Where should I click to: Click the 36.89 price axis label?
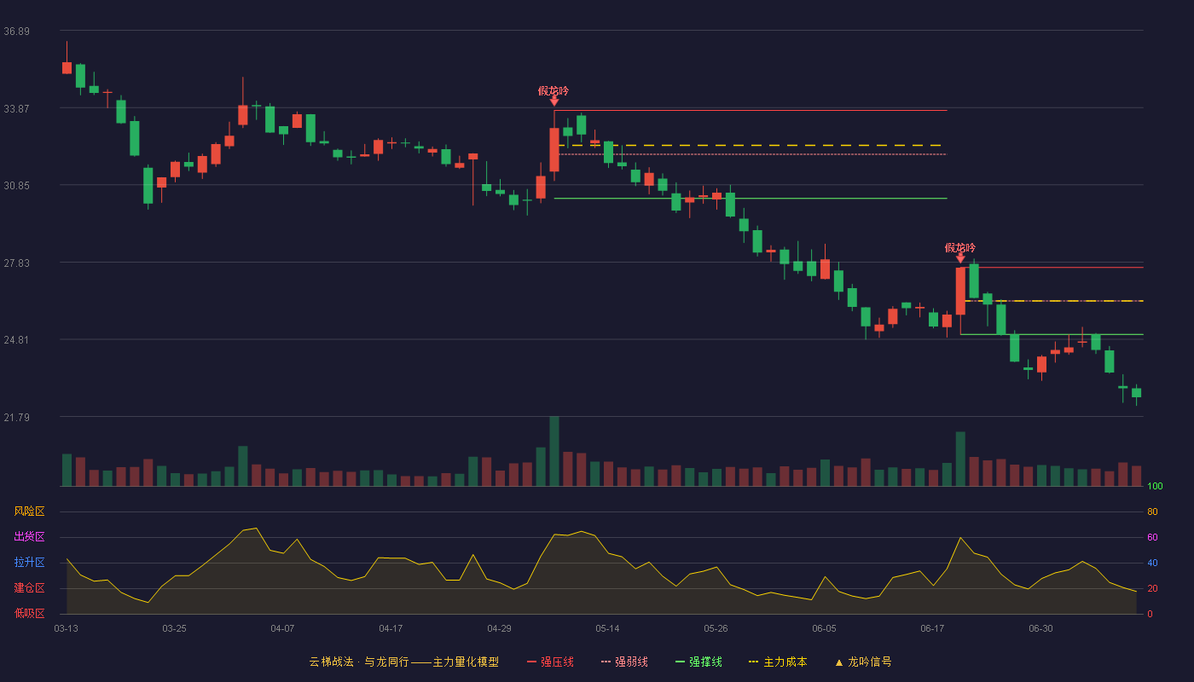coord(16,32)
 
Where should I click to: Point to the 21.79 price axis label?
coord(16,417)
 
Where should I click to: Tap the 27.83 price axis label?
coord(16,263)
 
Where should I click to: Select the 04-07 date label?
coord(282,629)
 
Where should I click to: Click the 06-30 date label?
coord(1040,629)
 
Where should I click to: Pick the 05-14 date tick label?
coord(607,629)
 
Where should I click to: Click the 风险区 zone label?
coord(29,511)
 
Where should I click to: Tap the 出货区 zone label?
coord(29,536)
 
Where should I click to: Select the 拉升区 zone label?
coord(29,562)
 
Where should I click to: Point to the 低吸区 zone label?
coord(29,613)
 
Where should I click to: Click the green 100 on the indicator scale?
coord(1155,486)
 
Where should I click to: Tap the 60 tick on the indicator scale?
coord(1152,537)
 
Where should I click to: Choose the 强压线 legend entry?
coord(550,662)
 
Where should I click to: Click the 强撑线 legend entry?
coord(698,662)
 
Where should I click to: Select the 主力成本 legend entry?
coord(778,662)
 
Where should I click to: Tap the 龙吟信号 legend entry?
coord(863,662)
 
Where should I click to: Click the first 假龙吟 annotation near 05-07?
coord(554,91)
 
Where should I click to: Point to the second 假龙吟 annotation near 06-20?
coord(960,248)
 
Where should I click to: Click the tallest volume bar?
coord(554,451)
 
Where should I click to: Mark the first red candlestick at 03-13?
coord(67,67)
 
